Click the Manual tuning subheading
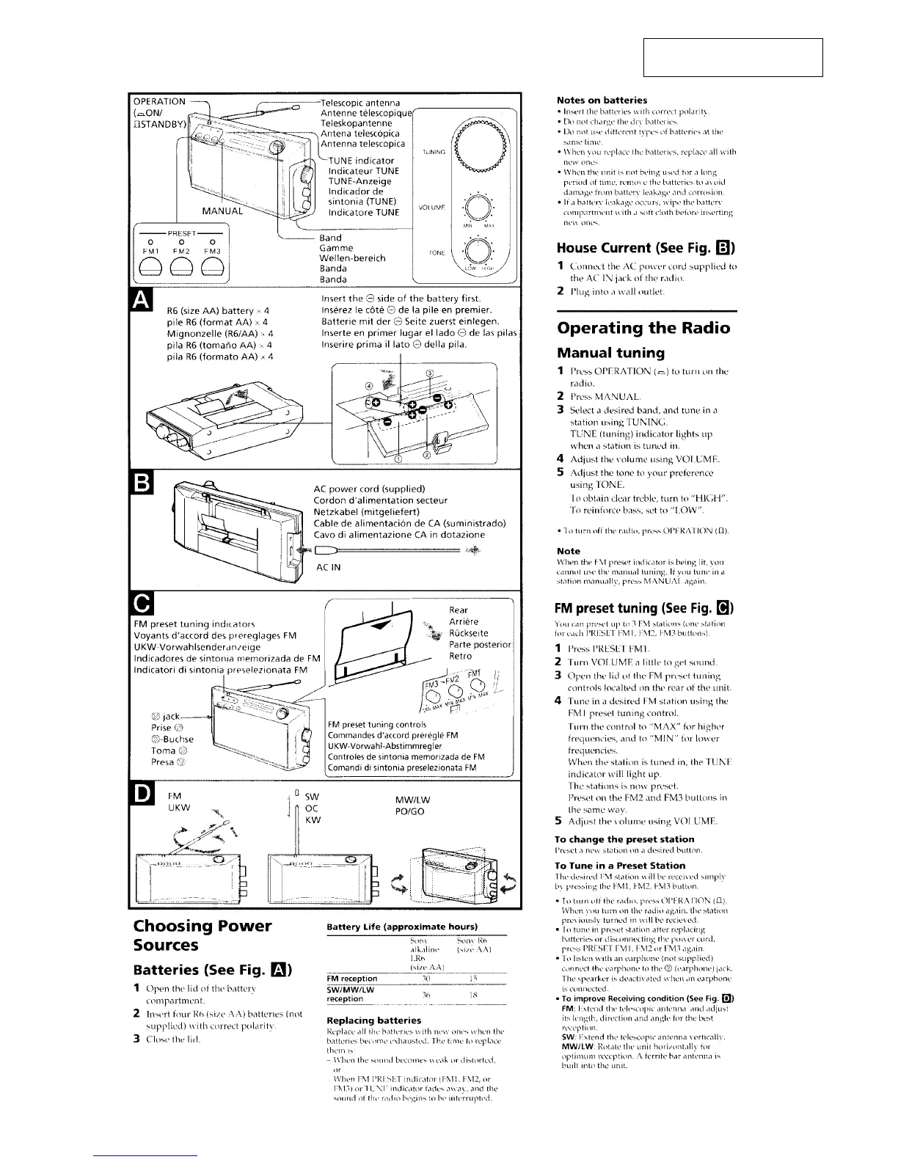(x=610, y=352)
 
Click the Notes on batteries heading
(x=602, y=100)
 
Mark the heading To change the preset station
(x=625, y=838)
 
